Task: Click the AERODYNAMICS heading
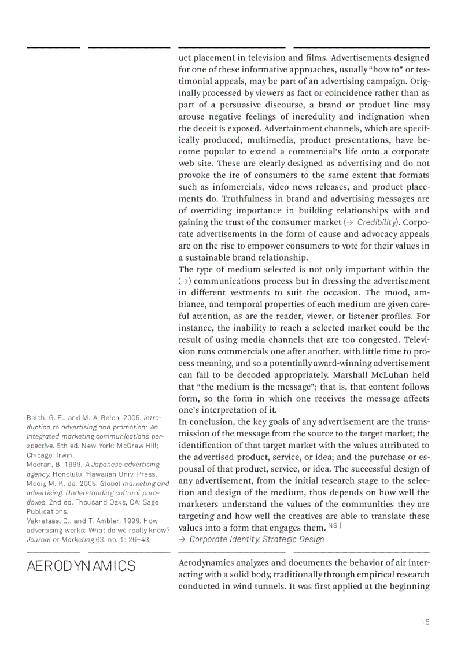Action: (81, 566)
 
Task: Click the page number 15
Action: (425, 622)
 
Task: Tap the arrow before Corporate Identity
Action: (182, 539)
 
